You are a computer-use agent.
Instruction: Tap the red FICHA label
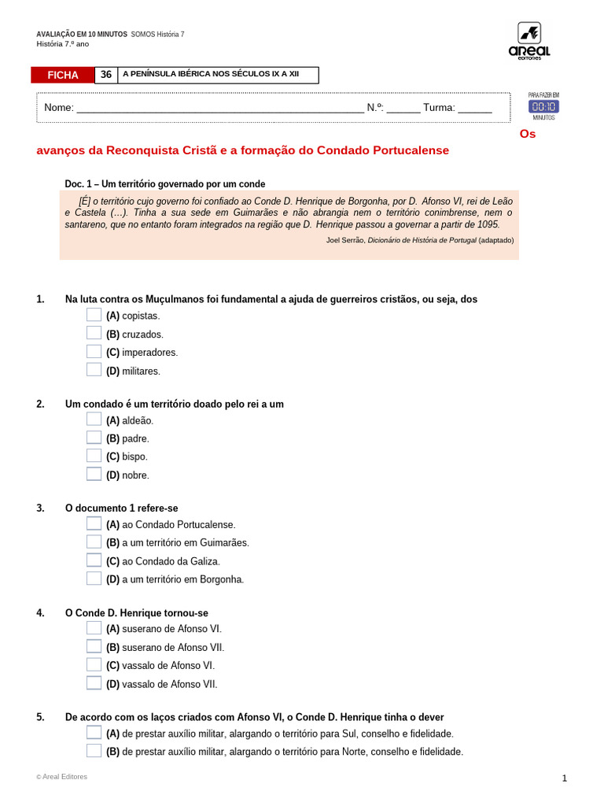(63, 76)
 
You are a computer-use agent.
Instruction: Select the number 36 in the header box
(106, 75)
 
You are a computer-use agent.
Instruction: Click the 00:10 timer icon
(543, 106)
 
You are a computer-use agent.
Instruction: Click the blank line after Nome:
(220, 109)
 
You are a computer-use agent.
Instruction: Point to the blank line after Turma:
(474, 109)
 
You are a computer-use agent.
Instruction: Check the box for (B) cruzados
(94, 333)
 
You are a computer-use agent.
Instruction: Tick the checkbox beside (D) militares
(94, 370)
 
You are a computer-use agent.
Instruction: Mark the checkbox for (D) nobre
(94, 474)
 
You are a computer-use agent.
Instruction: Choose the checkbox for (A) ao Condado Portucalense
(94, 523)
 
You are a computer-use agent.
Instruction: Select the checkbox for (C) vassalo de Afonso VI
(94, 664)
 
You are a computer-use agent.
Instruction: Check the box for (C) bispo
(94, 456)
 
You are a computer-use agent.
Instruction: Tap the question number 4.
(40, 613)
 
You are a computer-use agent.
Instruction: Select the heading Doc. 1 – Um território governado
(165, 183)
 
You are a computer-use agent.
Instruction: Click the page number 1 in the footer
(564, 778)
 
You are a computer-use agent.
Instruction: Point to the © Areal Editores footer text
(62, 777)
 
